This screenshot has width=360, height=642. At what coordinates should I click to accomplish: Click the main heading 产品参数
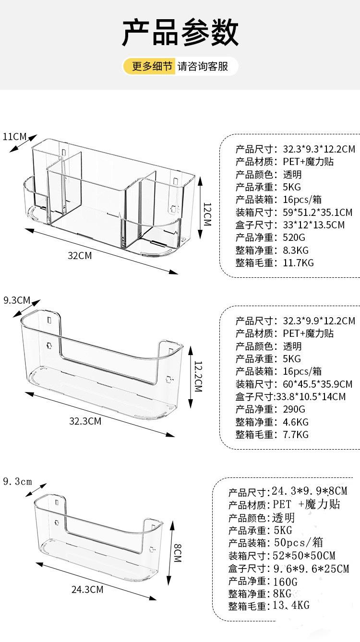pos(180,33)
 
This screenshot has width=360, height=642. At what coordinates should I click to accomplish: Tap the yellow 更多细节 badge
pos(150,66)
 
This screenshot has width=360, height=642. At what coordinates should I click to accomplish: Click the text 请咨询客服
pos(203,66)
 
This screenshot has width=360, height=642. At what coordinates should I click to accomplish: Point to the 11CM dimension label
pos(14,136)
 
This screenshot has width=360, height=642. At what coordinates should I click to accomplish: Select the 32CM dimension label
pos(80,255)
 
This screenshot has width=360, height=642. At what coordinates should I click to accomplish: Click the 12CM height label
pos(207,214)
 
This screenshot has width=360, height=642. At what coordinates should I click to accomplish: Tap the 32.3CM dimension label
pos(85,421)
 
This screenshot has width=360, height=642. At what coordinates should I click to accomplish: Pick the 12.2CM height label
pos(198,376)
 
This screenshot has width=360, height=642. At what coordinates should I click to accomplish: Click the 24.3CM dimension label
pos(87,590)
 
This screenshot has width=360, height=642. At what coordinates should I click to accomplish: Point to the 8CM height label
pos(178,553)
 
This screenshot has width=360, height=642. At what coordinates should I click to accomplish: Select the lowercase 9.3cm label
pos(17,482)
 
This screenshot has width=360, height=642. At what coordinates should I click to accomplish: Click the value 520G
pos(294,238)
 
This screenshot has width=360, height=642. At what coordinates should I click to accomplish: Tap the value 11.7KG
pos(299,263)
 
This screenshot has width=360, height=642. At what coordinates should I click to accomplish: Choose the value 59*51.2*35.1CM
pos(318,213)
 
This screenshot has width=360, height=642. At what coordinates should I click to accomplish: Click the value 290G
pos(294,409)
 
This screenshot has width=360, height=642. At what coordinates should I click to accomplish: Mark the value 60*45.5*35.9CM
pos(318,384)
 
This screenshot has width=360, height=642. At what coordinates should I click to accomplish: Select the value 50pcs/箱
pos(299,543)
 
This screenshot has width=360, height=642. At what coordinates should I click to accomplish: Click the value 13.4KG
pos(291,606)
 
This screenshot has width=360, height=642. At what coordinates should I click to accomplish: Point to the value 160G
pos(285,582)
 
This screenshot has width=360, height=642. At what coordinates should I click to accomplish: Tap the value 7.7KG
pos(296,435)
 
